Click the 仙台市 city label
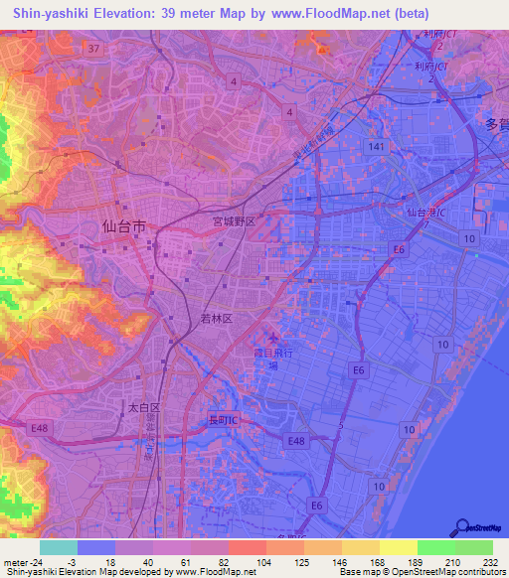[124, 226]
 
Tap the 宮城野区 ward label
[234, 222]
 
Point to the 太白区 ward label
[143, 408]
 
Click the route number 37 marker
[93, 48]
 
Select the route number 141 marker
[374, 146]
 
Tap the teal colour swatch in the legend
[59, 547]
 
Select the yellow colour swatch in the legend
[398, 547]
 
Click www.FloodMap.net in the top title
[334, 13]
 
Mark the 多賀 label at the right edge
[496, 125]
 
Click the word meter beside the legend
[17, 561]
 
